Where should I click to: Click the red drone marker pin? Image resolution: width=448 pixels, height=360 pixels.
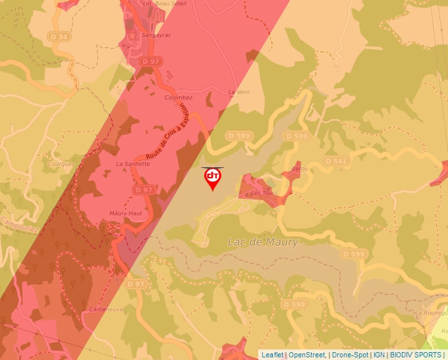coord(213,178)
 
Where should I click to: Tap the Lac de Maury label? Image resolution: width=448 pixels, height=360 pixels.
coord(262,242)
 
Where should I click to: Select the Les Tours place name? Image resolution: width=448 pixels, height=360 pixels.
coord(262,193)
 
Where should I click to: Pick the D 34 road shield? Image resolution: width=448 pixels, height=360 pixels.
coord(59,37)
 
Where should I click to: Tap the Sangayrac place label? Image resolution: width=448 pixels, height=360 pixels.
coord(156,34)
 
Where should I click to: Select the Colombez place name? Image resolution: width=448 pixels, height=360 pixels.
coord(177,97)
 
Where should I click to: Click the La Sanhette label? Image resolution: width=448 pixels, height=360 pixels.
coord(132,163)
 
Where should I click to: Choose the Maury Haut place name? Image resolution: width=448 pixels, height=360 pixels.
coord(126,214)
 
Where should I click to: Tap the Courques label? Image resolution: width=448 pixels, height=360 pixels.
coord(62,164)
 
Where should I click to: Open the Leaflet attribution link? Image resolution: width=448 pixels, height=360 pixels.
coord(272,355)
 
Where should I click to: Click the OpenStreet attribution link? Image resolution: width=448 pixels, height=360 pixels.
coord(307,355)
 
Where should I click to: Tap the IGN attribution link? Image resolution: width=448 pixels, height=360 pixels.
coord(379,355)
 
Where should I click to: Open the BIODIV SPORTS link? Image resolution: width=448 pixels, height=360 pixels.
coord(415,355)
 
